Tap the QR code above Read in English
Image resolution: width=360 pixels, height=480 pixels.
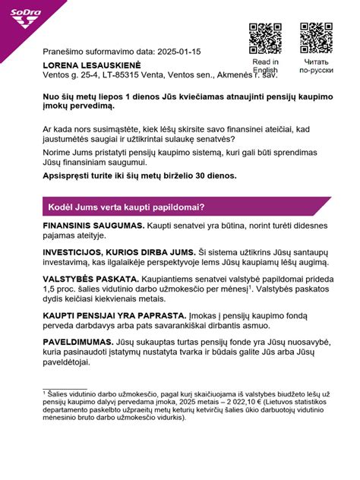tap(265, 39)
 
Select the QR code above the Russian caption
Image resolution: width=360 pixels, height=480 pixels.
tap(315, 39)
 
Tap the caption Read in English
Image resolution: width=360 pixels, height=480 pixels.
tap(265, 66)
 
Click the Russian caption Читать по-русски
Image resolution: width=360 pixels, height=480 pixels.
tap(315, 66)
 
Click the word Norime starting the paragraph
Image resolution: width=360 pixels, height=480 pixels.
tap(58, 153)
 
